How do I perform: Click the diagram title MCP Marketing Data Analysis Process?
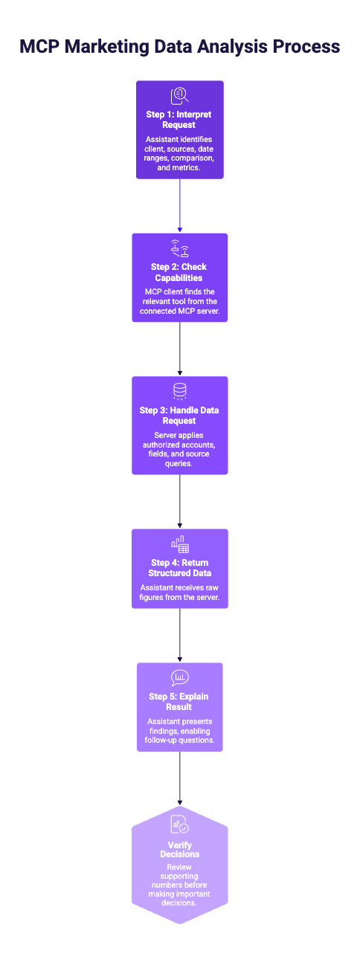180,47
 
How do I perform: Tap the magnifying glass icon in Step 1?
180,96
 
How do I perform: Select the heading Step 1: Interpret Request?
179,120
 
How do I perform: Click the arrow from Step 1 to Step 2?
180,206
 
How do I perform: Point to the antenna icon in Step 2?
180,248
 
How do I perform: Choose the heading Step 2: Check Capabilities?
179,272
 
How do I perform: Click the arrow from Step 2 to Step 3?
180,349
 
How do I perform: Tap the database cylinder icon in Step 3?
180,392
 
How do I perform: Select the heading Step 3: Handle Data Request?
179,416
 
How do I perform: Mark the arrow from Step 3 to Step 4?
180,501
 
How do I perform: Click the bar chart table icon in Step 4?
180,544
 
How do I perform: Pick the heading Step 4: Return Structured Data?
180,568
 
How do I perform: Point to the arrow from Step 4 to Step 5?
180,636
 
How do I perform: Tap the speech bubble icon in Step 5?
180,678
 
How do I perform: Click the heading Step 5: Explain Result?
179,701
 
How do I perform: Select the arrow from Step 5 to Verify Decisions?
180,779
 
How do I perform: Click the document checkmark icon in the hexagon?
180,824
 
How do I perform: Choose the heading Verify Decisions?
180,850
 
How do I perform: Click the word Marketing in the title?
107,47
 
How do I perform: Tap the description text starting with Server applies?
179,449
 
